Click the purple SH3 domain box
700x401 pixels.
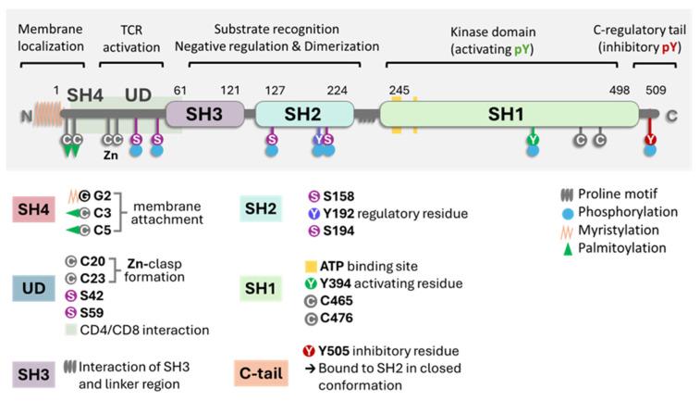point(204,114)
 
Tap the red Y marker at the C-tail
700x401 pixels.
point(651,140)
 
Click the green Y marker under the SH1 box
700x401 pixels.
point(533,140)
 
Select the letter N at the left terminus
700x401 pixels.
point(26,116)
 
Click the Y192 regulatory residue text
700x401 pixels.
point(382,213)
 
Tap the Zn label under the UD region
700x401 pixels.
point(111,157)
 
